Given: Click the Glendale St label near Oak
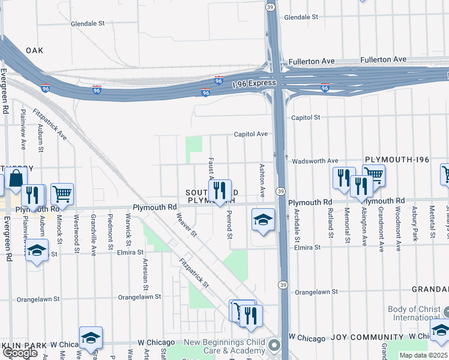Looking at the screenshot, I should click(88, 23).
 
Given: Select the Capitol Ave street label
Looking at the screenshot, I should click(250, 134).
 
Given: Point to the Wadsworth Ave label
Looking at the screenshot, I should click(315, 161).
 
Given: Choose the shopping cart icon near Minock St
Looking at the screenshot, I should click(62, 193).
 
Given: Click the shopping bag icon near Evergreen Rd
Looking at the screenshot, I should click(15, 178).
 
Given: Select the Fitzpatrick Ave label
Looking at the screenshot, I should click(50, 124).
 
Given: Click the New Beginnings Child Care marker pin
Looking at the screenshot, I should click(274, 345).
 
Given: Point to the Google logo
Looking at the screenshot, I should click(19, 353).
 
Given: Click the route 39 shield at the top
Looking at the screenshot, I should click(271, 6).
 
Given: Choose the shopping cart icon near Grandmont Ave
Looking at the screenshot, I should click(373, 175).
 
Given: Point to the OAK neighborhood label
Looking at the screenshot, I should click(34, 51).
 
